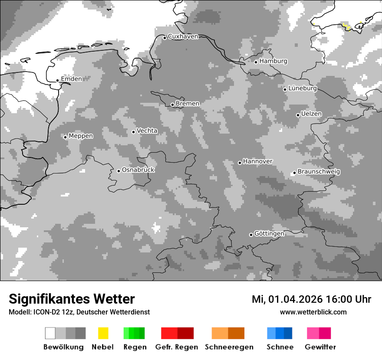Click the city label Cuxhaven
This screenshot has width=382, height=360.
183,36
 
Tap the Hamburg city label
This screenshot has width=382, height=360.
273,61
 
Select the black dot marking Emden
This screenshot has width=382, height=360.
57,80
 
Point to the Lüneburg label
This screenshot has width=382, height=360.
303,88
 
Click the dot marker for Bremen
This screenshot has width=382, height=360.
172,105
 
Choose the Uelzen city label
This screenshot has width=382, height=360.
311,114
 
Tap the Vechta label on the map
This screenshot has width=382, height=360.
147,131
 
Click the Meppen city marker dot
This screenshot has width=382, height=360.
65,137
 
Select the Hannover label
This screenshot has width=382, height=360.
257,161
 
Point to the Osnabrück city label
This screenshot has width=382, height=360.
138,170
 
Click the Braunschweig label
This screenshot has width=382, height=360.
319,171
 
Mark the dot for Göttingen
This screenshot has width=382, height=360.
251,235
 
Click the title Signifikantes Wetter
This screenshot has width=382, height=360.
72,299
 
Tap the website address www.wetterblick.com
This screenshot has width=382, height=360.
313,312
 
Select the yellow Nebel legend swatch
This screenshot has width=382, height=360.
103,333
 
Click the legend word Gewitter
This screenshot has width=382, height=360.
320,347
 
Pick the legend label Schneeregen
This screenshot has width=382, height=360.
229,347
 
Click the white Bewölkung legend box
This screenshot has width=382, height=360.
50,333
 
